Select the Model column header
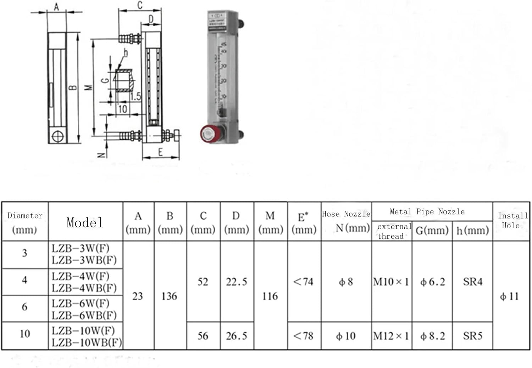pyautogui.click(x=85, y=222)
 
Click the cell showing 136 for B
pyautogui.click(x=169, y=296)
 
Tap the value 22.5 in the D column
pyautogui.click(x=237, y=282)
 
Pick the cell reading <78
pyautogui.click(x=304, y=336)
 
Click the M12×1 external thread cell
pyautogui.click(x=391, y=336)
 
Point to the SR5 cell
pyautogui.click(x=472, y=336)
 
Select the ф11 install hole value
pyautogui.click(x=509, y=296)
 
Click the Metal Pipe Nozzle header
pyautogui.click(x=427, y=212)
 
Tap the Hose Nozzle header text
pyautogui.click(x=346, y=214)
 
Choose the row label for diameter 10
pyautogui.click(x=25, y=334)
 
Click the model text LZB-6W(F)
pyautogui.click(x=81, y=304)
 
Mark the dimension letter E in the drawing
pyautogui.click(x=160, y=152)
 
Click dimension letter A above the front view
pyautogui.click(x=56, y=6)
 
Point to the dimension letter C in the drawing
pyautogui.click(x=140, y=5)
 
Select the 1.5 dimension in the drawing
pyautogui.click(x=135, y=96)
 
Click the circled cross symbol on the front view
pyautogui.click(x=57, y=136)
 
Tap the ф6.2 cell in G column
pyautogui.click(x=432, y=282)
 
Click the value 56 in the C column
pyautogui.click(x=203, y=336)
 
